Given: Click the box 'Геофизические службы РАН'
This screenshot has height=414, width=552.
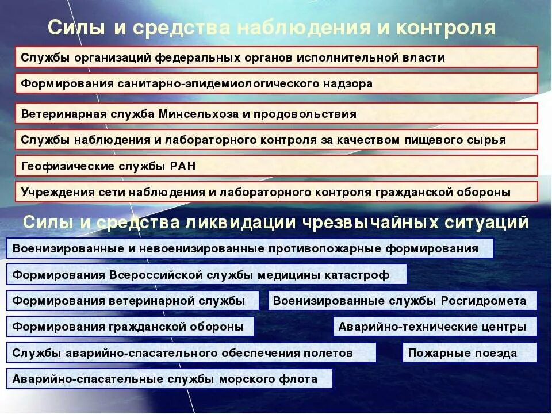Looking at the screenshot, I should [276, 166].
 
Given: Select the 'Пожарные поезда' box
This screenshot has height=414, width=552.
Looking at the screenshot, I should [469, 353].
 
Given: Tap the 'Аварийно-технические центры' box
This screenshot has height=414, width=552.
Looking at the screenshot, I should [435, 327].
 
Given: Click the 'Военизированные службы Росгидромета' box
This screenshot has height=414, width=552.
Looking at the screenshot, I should [402, 301].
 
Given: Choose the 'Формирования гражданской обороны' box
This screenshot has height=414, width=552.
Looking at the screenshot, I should [133, 327].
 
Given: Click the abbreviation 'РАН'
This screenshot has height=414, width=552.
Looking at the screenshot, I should [183, 166].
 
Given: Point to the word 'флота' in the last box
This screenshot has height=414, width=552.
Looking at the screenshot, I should [297, 379].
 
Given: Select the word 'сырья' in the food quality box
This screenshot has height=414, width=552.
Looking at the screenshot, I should [488, 140].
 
